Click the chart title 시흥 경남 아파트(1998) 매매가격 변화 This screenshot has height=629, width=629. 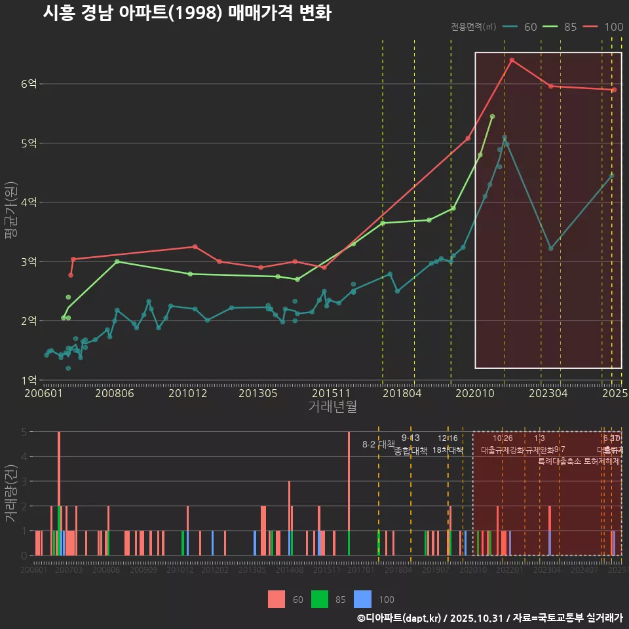[x=187, y=13]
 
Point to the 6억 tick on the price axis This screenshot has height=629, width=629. [x=29, y=84]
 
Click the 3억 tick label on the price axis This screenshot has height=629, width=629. [x=29, y=261]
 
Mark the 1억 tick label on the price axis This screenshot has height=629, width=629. [x=29, y=380]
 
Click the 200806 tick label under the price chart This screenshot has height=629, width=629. [x=114, y=394]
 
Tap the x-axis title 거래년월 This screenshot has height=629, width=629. [x=332, y=407]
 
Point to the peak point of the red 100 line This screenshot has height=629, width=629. [x=512, y=60]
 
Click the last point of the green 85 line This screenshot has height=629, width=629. [x=492, y=116]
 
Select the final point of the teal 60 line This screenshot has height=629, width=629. [x=612, y=176]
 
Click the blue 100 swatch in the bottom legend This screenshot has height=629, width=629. [x=362, y=599]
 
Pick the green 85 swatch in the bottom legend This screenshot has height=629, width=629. [x=320, y=599]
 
